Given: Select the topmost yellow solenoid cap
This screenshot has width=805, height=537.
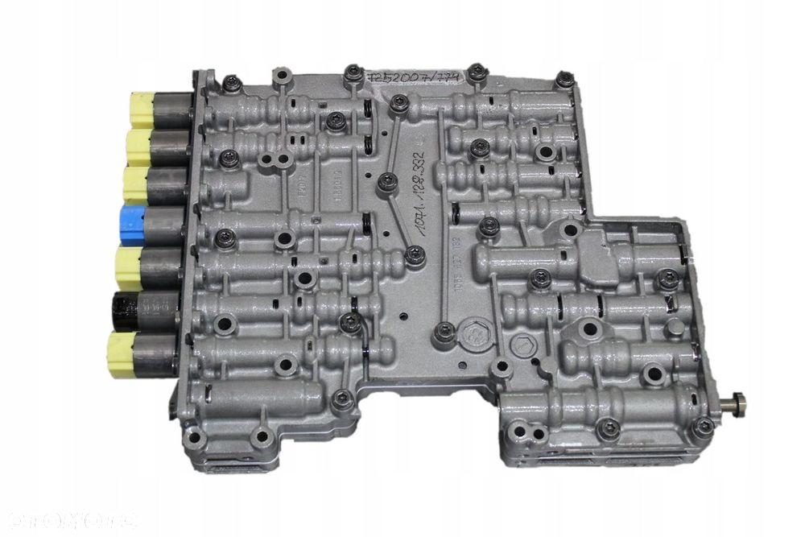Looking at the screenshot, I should coord(139,109).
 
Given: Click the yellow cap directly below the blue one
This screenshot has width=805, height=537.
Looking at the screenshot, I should coord(129,266).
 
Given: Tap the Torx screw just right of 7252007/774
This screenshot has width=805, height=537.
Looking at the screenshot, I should coord(477,71).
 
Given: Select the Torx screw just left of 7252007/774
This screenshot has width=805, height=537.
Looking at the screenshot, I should coord(352,73).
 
